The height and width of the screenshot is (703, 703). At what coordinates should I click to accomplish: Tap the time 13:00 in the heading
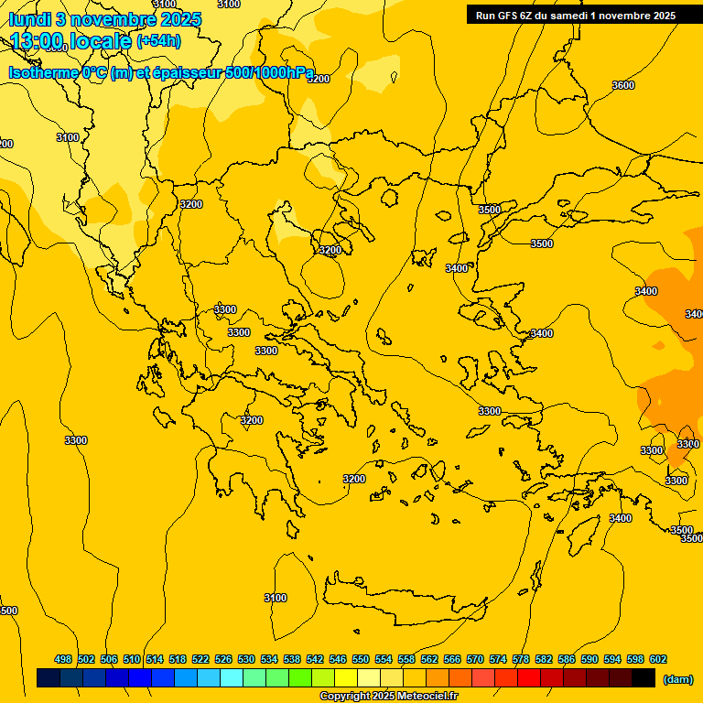(38, 41)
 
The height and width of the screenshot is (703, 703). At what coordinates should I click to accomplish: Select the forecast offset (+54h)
(158, 41)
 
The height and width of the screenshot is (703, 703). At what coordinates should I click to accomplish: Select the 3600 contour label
(622, 85)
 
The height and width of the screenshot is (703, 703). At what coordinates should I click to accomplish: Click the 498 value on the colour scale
(63, 659)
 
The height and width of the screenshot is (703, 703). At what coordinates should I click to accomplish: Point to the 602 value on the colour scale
(658, 659)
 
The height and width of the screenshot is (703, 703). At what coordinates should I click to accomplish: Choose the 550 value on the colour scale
(361, 659)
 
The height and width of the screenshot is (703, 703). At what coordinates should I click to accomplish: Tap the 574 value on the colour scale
(498, 659)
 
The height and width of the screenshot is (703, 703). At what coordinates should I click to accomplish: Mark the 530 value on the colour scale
(246, 659)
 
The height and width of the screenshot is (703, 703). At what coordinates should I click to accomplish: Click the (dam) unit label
(677, 679)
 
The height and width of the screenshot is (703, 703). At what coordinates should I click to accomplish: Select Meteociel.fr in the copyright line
(424, 697)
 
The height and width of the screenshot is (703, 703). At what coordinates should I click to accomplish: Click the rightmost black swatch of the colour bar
(644, 678)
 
